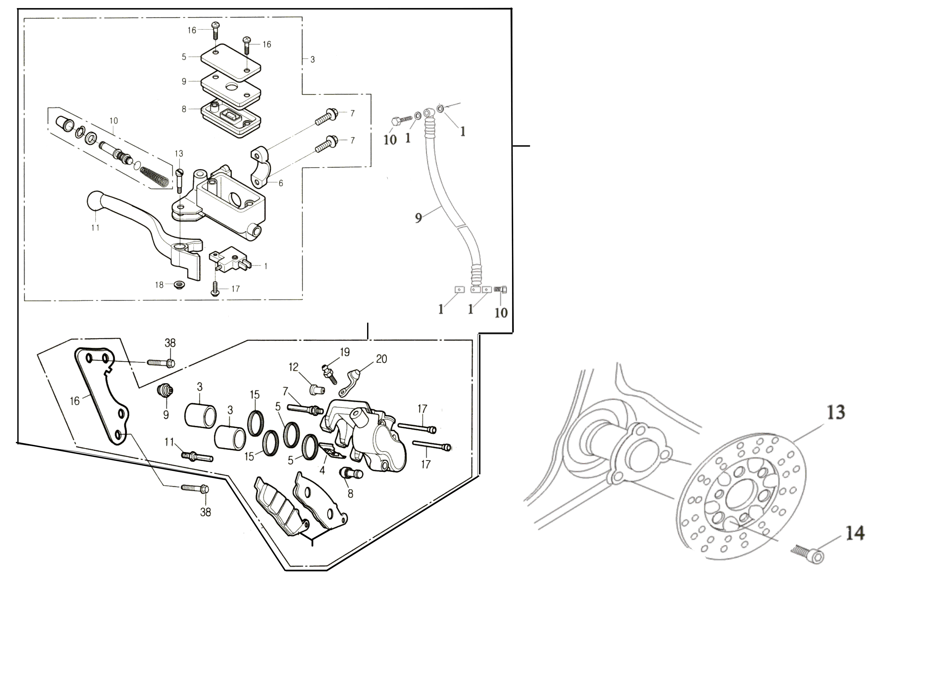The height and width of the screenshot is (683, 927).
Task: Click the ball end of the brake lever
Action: tap(96, 200)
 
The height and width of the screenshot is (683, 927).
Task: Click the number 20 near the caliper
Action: tap(381, 359)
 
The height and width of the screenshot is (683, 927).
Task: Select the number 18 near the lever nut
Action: tap(159, 285)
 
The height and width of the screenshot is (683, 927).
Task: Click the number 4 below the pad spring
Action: tap(322, 470)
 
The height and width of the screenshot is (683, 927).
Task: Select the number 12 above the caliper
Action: tap(293, 367)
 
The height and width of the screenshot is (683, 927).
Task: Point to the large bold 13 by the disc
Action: tap(836, 412)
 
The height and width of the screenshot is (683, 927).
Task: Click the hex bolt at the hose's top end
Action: tap(395, 121)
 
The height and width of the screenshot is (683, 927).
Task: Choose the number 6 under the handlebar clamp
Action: tap(281, 183)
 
